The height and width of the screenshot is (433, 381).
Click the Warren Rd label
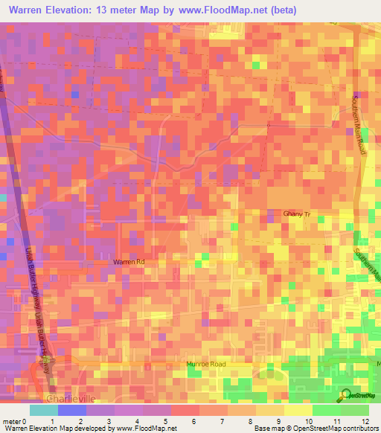pyautogui.click(x=128, y=262)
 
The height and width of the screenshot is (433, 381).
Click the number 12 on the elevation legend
pyautogui.click(x=366, y=421)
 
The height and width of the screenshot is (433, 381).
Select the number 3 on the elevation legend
pyautogui.click(x=108, y=421)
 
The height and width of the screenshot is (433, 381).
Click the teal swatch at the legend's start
pyautogui.click(x=44, y=410)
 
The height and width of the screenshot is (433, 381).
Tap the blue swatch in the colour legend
pyautogui.click(x=71, y=410)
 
